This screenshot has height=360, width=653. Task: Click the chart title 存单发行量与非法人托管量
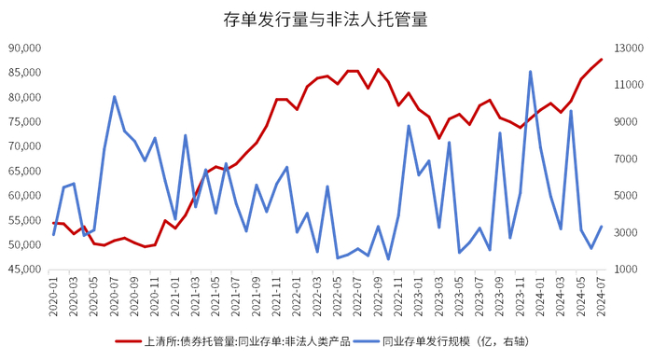coord(325,18)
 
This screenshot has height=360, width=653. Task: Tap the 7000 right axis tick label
coord(626,159)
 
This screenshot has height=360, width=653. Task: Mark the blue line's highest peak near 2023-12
coord(531,71)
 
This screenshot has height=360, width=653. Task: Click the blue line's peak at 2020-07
coord(114,96)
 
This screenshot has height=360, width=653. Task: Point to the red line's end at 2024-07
coord(602,59)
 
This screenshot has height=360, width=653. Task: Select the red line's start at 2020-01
coord(53,223)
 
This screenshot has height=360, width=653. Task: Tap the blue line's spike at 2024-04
coord(571,111)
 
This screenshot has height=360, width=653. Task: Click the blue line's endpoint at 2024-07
coord(602,226)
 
